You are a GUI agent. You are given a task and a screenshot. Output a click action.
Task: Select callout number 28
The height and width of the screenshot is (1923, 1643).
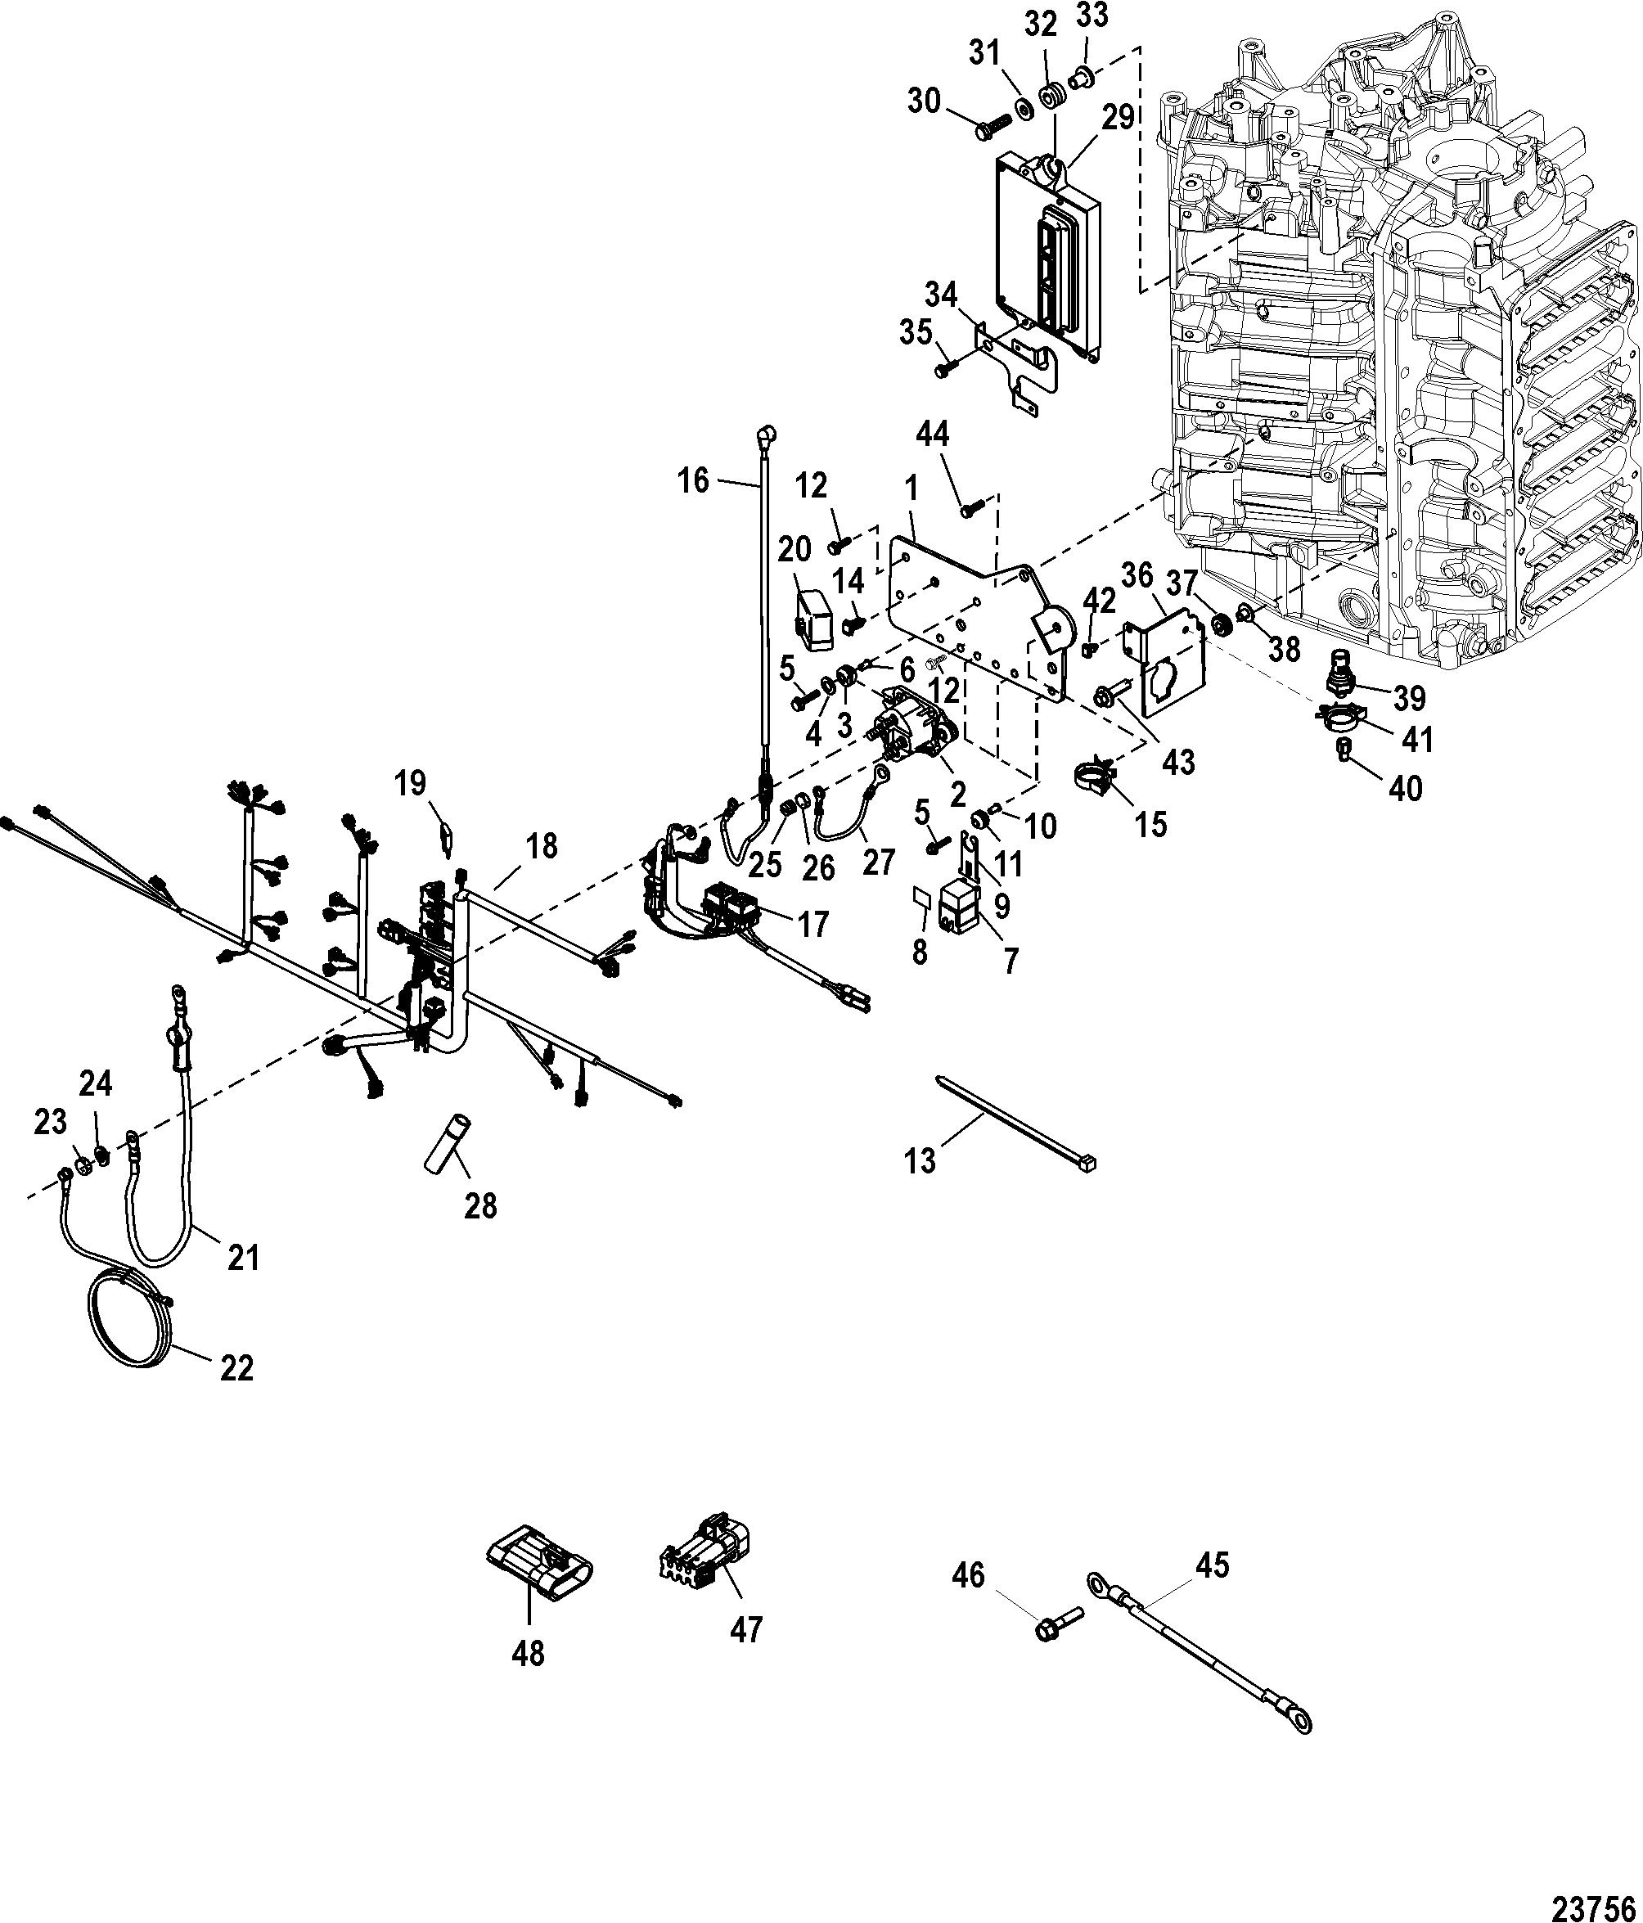click(x=481, y=1205)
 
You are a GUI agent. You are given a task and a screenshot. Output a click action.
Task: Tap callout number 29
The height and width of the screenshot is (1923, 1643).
click(x=1119, y=118)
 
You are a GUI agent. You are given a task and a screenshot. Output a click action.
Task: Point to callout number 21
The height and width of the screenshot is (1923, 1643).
click(x=243, y=1258)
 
